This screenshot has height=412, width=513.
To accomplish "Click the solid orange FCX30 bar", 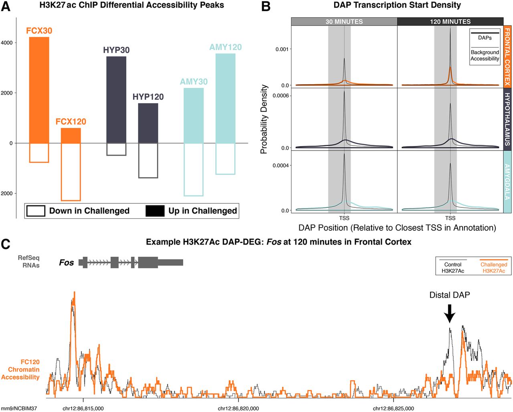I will [x=39, y=90].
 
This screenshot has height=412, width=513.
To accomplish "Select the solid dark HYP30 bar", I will [x=116, y=100].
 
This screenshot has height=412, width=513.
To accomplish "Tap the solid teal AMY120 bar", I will [x=225, y=98].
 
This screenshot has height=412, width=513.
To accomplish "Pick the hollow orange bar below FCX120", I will [x=71, y=172].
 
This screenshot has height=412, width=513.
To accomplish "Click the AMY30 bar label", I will [x=194, y=82].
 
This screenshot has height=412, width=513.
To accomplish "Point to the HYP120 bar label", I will [x=148, y=97].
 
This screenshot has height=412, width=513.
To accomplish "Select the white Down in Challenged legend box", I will [x=35, y=211].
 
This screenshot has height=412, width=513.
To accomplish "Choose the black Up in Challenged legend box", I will [x=155, y=211].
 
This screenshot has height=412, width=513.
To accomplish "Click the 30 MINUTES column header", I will [x=344, y=22].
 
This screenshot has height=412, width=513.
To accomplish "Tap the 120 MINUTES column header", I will [x=450, y=22].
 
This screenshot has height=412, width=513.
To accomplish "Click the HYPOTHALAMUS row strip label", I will [x=507, y=119].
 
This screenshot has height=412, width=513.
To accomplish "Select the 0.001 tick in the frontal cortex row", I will [x=282, y=49].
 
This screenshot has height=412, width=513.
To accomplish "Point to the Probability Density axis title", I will [x=264, y=119].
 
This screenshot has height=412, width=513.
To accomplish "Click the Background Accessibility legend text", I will [x=485, y=55].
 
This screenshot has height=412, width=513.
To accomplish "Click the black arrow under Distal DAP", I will [x=450, y=313].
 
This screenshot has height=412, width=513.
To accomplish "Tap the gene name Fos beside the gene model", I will [x=67, y=263].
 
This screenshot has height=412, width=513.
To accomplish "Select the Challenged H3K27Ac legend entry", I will [x=494, y=268].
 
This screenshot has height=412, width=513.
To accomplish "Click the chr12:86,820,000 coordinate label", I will [x=238, y=408].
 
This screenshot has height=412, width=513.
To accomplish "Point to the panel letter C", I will [x=6, y=244].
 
